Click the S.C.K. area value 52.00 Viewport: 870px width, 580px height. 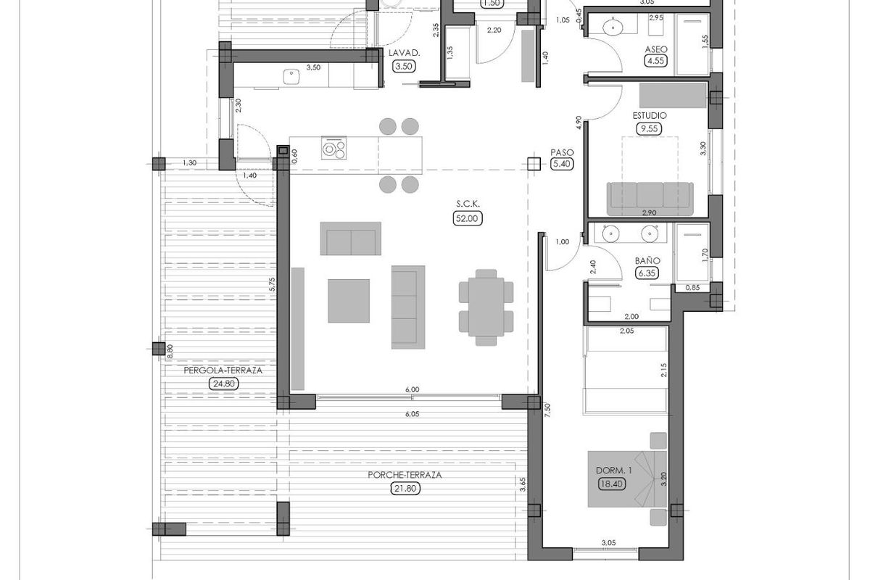468,218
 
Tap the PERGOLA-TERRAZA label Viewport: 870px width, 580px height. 223,370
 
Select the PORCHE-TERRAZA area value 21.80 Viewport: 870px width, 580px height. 405,489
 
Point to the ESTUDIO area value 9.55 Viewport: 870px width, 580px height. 649,129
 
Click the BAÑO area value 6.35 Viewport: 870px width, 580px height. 645,273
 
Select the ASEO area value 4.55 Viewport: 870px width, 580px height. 656,62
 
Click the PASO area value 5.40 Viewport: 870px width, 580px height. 562,165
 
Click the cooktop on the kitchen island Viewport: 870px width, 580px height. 333,149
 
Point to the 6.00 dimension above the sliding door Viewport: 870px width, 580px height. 412,389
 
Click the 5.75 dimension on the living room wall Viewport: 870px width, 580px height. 270,285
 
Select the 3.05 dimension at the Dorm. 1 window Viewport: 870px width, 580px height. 608,542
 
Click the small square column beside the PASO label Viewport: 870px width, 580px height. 535,164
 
